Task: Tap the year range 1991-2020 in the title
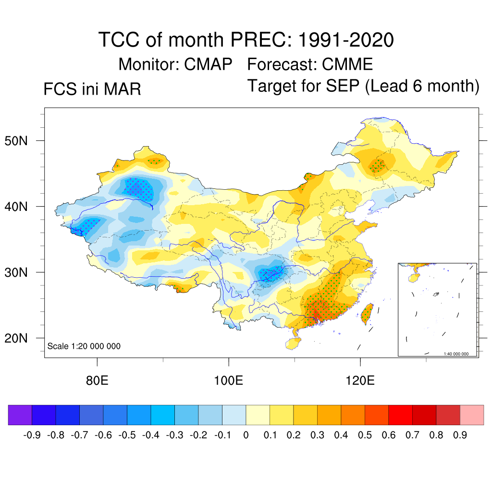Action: (x=345, y=39)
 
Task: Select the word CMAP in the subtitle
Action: (x=208, y=64)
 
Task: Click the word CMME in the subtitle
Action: (x=347, y=64)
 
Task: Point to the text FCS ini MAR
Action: (x=92, y=89)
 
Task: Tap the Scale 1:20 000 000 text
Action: (x=84, y=346)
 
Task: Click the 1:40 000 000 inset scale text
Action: (x=459, y=354)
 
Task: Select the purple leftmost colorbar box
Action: (x=20, y=415)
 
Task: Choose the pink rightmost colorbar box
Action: (x=472, y=415)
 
